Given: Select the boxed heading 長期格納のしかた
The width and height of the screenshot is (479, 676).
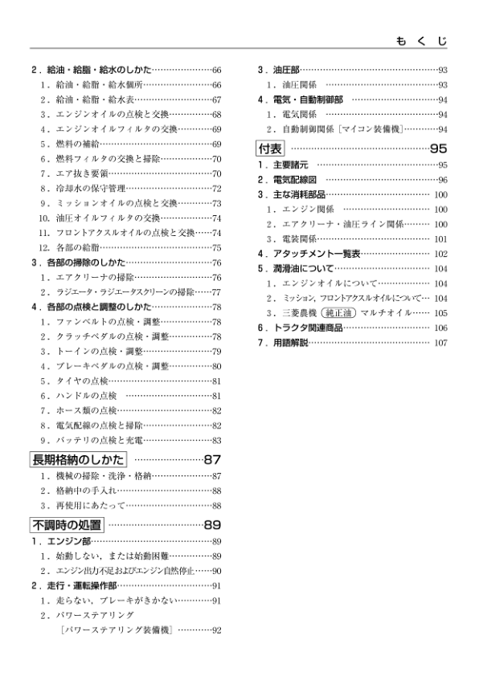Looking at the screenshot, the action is coord(78,460).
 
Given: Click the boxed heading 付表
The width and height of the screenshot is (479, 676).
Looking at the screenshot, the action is coord(270,148).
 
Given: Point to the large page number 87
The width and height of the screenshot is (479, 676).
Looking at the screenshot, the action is coord(211,460).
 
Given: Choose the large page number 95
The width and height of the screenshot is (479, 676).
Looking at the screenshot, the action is coord(438,148).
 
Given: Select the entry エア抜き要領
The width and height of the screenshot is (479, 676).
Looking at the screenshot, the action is coord(77,173).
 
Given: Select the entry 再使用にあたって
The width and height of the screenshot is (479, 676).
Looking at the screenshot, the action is coord(86,505).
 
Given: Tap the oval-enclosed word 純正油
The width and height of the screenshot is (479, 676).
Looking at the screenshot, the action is coord(337,312).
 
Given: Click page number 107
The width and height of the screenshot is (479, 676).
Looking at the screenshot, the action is coord(440,343).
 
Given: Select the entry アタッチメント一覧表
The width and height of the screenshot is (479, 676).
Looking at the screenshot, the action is coord(310,253).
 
